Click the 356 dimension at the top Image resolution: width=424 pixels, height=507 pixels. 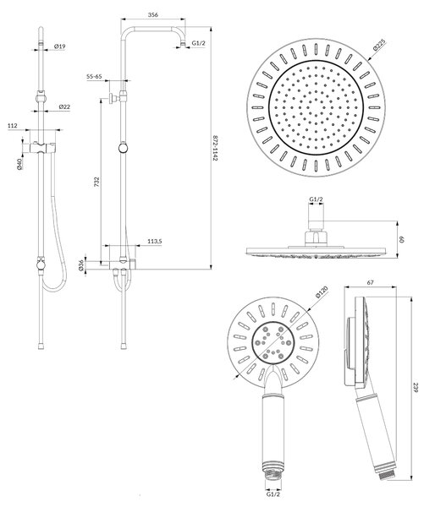click(152, 15)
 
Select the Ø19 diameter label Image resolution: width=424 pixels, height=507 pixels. click(59, 46)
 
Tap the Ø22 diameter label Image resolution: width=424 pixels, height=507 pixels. click(64, 106)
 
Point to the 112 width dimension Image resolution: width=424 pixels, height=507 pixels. click(13, 126)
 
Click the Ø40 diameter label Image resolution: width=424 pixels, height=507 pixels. click(19, 164)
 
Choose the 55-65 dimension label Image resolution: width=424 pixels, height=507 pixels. click(94, 77)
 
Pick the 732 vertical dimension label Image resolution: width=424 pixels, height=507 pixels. click(96, 182)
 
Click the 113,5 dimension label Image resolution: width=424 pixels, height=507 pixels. click(155, 241)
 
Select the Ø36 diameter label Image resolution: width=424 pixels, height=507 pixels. click(81, 265)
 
